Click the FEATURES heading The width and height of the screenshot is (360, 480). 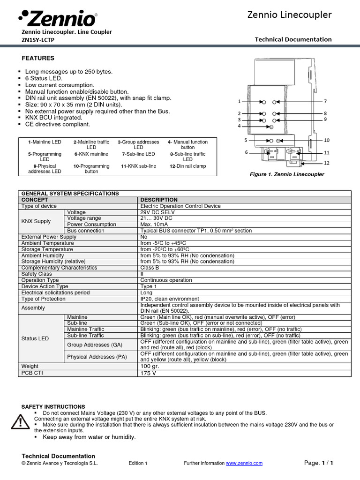pyautogui.click(x=38, y=58)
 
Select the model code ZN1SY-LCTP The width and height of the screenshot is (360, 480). pyautogui.click(x=38, y=40)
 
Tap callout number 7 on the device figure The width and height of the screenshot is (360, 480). pyautogui.click(x=325, y=102)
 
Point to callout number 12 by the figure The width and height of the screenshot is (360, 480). pyautogui.click(x=327, y=163)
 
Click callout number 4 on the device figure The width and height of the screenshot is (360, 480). pyautogui.click(x=239, y=126)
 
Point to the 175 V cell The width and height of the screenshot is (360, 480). pyautogui.click(x=149, y=373)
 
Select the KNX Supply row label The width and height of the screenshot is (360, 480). pyautogui.click(x=36, y=221)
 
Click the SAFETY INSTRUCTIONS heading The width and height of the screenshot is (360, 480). pyautogui.click(x=53, y=406)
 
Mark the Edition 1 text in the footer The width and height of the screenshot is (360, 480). pyautogui.click(x=138, y=463)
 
